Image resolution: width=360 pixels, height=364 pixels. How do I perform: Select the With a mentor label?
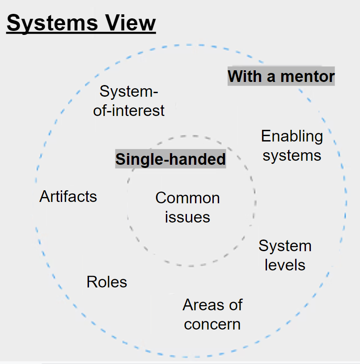(x=281, y=77)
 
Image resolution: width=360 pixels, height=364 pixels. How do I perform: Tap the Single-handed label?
(x=170, y=159)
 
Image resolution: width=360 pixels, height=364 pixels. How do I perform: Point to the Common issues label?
(x=187, y=207)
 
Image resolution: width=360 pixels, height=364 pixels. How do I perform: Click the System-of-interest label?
(x=129, y=101)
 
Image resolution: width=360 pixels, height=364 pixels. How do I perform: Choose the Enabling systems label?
(x=292, y=146)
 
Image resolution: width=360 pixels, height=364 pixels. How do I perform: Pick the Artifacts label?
(x=68, y=196)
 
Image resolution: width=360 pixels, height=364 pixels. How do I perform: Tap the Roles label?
(x=107, y=282)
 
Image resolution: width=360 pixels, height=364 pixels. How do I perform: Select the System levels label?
(x=285, y=255)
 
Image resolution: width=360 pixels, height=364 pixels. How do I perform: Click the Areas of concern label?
(x=212, y=314)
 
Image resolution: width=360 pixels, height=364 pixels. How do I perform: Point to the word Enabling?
(x=292, y=136)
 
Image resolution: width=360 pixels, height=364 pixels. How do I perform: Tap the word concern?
(x=212, y=324)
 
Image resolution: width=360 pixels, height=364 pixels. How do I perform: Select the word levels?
(x=285, y=265)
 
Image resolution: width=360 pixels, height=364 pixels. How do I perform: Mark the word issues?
(x=187, y=217)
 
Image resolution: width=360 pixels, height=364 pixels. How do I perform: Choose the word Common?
(x=187, y=198)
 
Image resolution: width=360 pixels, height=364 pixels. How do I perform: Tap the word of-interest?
(x=129, y=110)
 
